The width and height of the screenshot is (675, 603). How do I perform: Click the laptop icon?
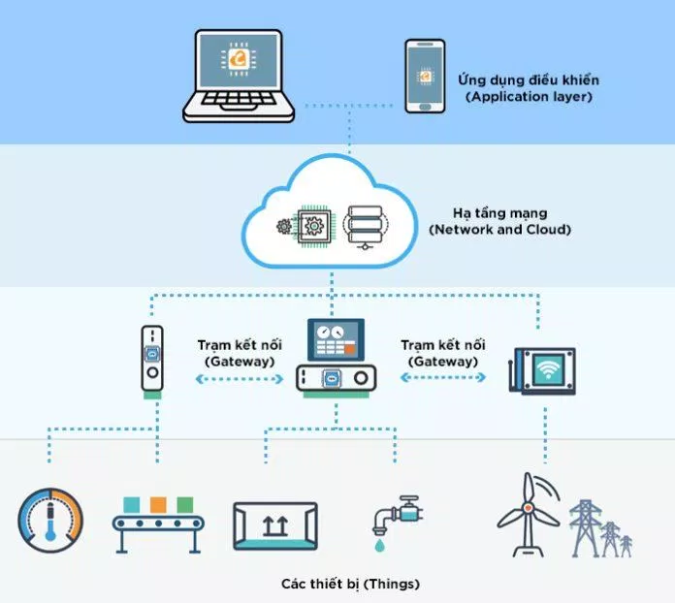(x=239, y=77)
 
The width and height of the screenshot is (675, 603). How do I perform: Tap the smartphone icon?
(x=425, y=77)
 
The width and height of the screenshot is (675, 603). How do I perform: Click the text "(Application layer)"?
(x=529, y=96)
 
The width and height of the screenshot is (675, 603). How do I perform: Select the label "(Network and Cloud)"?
(x=499, y=230)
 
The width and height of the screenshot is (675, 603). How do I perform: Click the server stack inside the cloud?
(x=365, y=227)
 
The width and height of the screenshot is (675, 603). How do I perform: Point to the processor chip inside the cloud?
(x=313, y=225)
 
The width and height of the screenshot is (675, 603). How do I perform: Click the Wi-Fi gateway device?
(x=542, y=370)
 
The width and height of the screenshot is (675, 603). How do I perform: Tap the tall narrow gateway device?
(x=152, y=362)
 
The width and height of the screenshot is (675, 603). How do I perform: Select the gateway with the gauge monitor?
(x=337, y=358)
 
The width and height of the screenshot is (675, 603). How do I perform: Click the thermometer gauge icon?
(x=50, y=521)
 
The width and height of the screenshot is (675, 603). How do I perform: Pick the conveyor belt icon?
(x=158, y=525)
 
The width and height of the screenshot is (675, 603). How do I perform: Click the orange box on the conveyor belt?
(x=158, y=505)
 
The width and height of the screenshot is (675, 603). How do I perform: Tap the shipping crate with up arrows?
(x=275, y=526)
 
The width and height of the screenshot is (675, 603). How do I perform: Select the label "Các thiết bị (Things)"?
(x=350, y=584)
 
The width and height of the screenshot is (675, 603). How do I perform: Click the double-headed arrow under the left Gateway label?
(x=240, y=379)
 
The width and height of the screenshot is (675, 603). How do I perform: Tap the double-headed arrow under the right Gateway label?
(x=443, y=377)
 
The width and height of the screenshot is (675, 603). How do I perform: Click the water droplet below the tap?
(x=379, y=546)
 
